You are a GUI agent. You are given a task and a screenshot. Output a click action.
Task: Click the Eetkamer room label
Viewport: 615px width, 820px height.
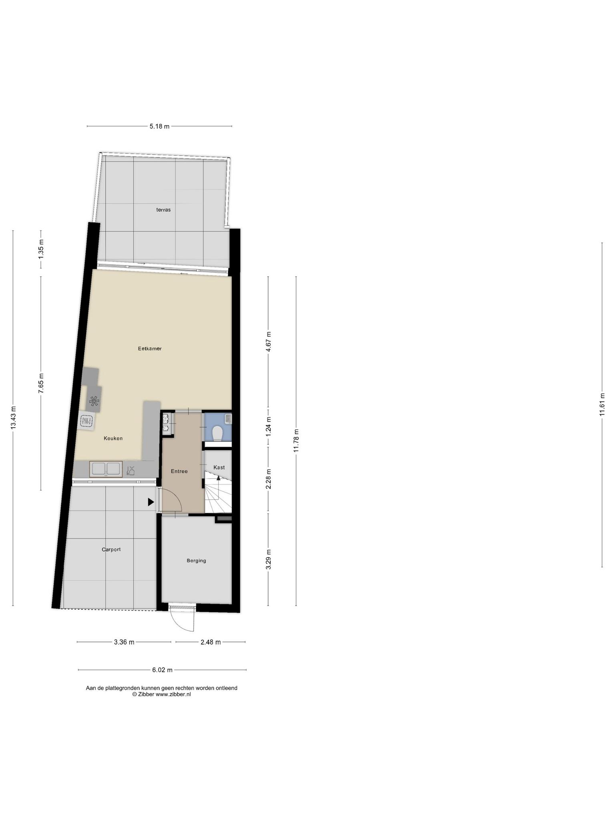(150, 348)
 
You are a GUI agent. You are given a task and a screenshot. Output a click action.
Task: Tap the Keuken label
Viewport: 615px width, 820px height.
(113, 438)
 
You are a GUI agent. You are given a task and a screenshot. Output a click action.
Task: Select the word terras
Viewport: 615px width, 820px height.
(163, 210)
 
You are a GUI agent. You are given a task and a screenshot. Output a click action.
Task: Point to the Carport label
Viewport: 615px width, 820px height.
(111, 550)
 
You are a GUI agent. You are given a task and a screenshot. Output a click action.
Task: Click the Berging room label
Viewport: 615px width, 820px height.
(196, 561)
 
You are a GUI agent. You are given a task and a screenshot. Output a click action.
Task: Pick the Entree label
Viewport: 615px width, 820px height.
(179, 471)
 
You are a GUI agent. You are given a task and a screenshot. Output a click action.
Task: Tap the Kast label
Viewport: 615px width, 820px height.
(219, 467)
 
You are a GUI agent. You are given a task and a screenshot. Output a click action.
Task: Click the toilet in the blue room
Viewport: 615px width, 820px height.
(218, 434)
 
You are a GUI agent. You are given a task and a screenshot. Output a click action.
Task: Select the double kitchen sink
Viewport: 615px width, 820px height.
(106, 469)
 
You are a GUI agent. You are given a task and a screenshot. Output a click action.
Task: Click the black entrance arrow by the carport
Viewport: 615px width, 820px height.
(151, 502)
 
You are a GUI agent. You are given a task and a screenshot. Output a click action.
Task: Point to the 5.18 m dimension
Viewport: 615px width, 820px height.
(159, 126)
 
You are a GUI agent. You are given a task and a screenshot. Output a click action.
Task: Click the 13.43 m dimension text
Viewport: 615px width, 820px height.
(13, 418)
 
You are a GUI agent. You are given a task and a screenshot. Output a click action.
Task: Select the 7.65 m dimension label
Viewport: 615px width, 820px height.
(41, 383)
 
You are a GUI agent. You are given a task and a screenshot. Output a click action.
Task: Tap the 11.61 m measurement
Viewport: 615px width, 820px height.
(602, 404)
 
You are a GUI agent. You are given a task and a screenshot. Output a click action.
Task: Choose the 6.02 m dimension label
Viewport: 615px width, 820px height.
(162, 670)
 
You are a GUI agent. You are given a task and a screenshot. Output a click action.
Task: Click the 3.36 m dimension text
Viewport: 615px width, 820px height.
(124, 642)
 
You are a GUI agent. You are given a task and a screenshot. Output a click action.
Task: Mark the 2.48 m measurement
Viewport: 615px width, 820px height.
(210, 642)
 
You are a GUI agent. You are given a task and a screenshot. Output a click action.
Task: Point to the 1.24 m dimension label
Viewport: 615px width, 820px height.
(269, 426)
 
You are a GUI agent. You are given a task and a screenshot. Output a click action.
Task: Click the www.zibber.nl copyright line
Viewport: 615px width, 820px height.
(161, 695)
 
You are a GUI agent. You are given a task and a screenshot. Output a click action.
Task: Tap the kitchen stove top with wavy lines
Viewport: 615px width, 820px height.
(87, 421)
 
